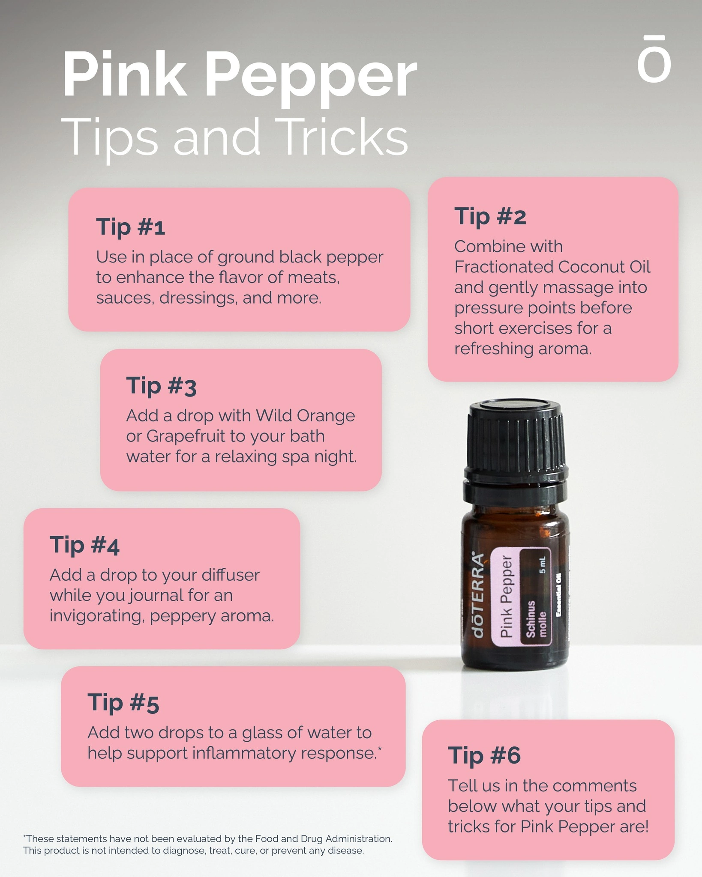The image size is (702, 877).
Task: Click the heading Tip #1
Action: [x=130, y=227]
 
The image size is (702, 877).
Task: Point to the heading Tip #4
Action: [x=84, y=545]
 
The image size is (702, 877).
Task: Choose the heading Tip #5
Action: [x=123, y=703]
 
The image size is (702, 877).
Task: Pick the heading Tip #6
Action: [x=484, y=755]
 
